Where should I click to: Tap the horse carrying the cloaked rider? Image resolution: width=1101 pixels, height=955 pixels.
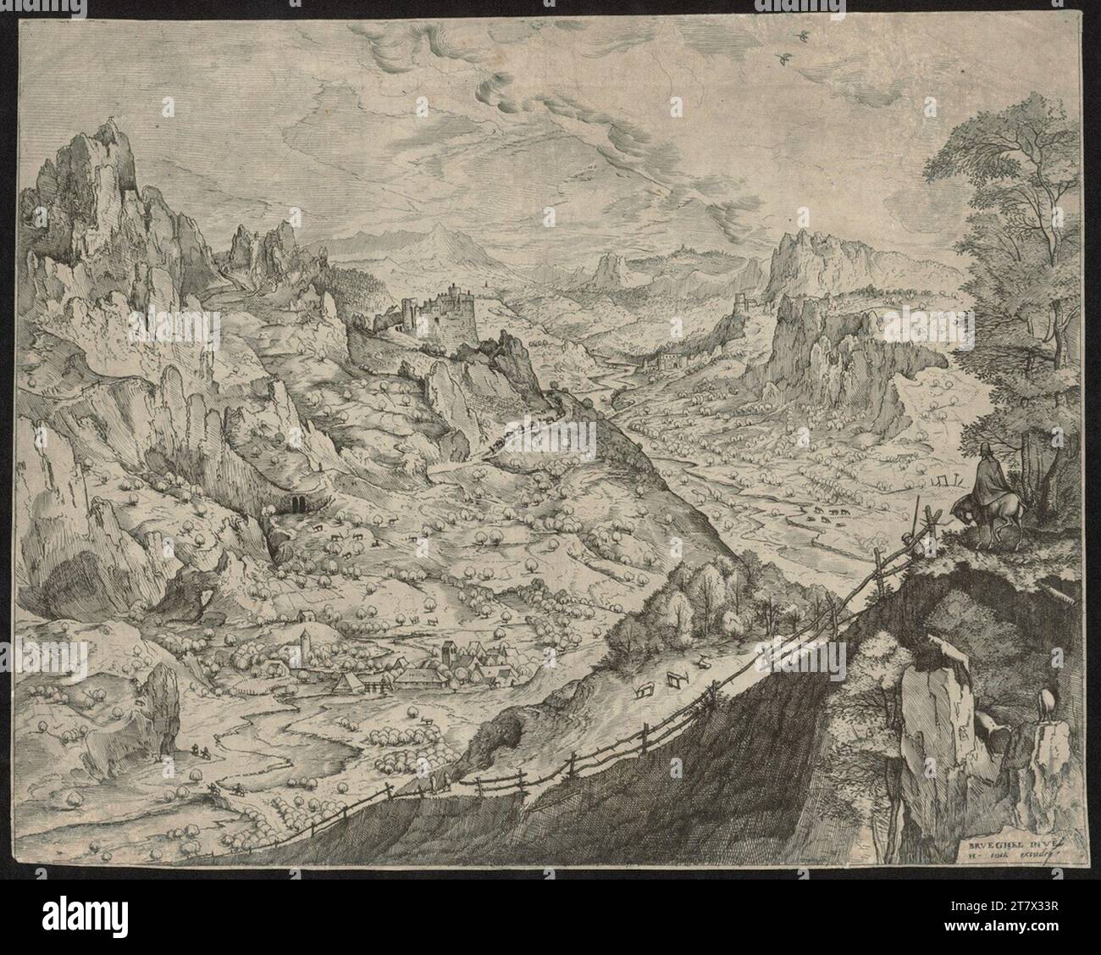[976, 512]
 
